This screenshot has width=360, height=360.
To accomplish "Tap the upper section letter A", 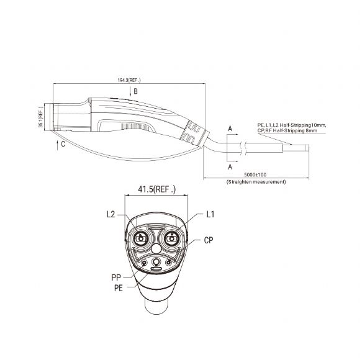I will coord(230,128).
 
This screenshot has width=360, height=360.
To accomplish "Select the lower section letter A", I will coord(230,167).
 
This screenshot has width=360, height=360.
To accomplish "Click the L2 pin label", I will coord(110,214).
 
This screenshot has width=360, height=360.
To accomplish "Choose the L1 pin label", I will coord(210,214).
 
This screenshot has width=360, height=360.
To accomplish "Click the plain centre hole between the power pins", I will coord(155,247).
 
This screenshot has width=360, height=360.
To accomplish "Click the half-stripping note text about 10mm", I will coord(290,125).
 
